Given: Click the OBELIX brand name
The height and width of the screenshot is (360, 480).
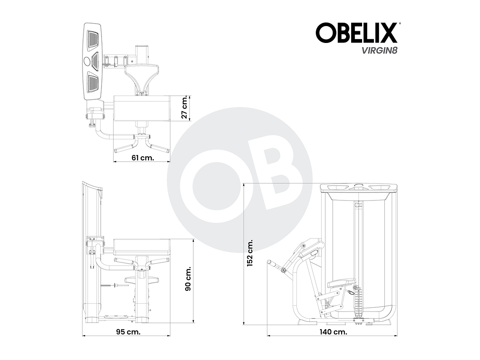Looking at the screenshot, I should tap(356, 33).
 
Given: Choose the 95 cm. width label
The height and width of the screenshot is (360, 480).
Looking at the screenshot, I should tap(128, 331).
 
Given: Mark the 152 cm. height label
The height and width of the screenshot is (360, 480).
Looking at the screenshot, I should tap(250, 253).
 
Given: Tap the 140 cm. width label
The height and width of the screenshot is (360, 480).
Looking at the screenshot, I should tap(333, 331).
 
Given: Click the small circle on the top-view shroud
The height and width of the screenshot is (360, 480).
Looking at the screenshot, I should tap(88, 61).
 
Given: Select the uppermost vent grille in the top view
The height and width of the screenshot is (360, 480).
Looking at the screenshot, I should tap(93, 40).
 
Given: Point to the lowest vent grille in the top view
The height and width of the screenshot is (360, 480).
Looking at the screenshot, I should tap(93, 83).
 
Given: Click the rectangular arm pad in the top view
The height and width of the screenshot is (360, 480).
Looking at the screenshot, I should tap(141, 109).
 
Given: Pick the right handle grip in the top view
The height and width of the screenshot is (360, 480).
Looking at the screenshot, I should tap(160, 148).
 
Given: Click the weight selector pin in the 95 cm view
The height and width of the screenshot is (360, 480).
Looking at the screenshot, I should tap(114, 286).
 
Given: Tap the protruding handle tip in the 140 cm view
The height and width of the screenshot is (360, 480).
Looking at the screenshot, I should tap(272, 263).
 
